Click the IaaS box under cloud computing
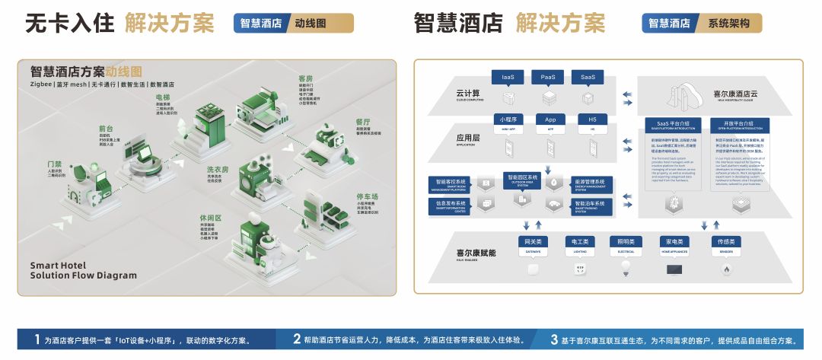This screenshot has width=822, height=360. tap(508, 77)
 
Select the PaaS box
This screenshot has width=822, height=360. tap(548, 77)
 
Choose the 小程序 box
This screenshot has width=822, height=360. tap(508, 119)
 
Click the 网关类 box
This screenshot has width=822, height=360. tap(533, 242)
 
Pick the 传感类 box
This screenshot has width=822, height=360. tap(725, 242)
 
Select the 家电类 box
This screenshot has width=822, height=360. tap(674, 242)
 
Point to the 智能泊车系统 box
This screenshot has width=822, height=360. tap(590, 205)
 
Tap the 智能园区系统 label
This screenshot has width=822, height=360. tap(522, 177)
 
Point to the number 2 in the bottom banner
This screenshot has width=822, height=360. tap(297, 339)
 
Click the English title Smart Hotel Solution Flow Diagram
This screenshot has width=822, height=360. tap(84, 270)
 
